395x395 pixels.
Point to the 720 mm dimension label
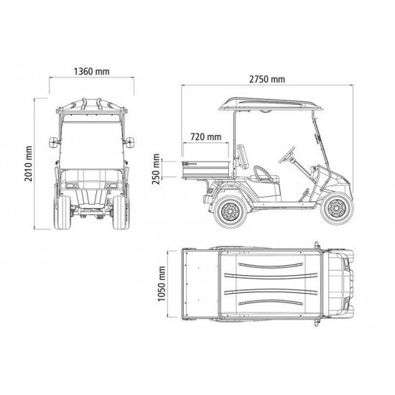click(x=206, y=136)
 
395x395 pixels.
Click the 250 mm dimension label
click(x=156, y=168)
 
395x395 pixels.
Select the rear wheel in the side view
click(x=228, y=211)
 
